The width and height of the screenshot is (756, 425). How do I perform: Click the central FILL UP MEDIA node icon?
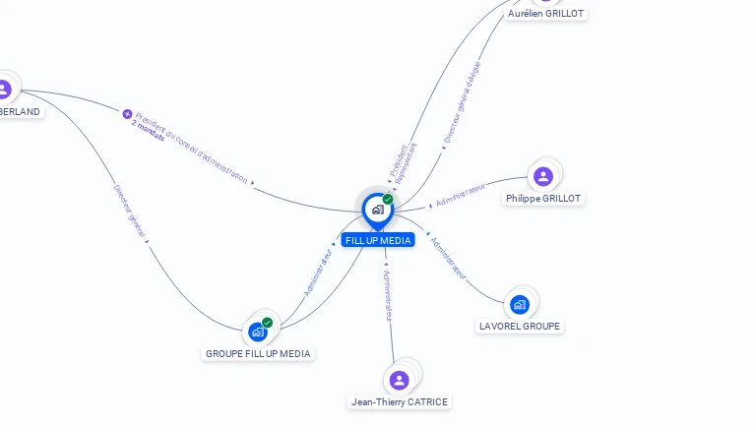pyautogui.click(x=377, y=210)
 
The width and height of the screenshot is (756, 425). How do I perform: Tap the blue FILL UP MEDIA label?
pyautogui.click(x=378, y=240)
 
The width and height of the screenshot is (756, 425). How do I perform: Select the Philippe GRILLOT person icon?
pyautogui.click(x=542, y=176)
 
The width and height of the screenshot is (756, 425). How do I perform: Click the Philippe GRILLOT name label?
pyautogui.click(x=543, y=199)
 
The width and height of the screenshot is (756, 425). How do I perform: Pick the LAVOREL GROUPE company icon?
pyautogui.click(x=520, y=304)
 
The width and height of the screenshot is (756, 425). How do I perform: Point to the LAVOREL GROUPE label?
pyautogui.click(x=520, y=326)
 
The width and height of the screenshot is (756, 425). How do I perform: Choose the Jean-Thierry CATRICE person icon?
pyautogui.click(x=399, y=380)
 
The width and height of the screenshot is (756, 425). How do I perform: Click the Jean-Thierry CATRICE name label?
pyautogui.click(x=400, y=401)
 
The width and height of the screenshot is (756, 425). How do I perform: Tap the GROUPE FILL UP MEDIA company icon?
pyautogui.click(x=258, y=332)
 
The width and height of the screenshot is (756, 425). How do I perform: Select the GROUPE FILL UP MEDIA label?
pyautogui.click(x=258, y=353)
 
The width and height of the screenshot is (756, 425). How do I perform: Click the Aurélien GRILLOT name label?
pyautogui.click(x=545, y=14)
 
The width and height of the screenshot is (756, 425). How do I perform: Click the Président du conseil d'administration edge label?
pyautogui.click(x=192, y=147)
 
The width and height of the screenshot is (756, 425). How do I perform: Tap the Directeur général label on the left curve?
pyautogui.click(x=129, y=211)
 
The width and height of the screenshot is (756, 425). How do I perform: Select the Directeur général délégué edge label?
pyautogui.click(x=462, y=103)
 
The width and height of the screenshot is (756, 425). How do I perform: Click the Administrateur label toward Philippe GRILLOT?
pyautogui.click(x=461, y=194)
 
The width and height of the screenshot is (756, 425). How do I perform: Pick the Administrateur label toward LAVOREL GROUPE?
pyautogui.click(x=448, y=258)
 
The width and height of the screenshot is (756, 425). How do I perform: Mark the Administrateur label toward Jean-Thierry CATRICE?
pyautogui.click(x=388, y=294)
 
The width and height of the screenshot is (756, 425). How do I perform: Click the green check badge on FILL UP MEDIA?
pyautogui.click(x=388, y=199)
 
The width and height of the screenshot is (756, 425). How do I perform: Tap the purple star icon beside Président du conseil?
pyautogui.click(x=127, y=114)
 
